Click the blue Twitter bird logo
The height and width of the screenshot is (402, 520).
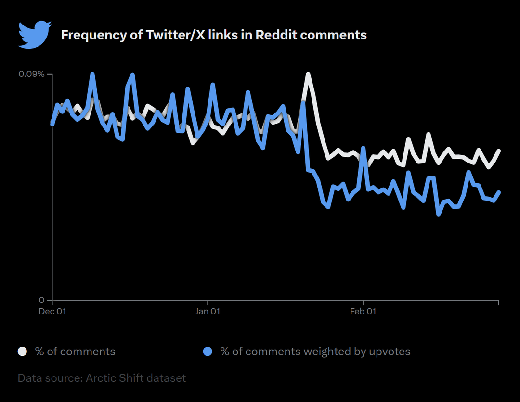[x=34, y=34]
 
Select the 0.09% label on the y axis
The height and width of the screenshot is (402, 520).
[x=31, y=74]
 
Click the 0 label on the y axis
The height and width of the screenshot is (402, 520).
[x=41, y=300]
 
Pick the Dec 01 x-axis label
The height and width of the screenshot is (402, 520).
[x=52, y=312]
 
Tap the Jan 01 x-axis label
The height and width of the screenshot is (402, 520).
[x=208, y=312]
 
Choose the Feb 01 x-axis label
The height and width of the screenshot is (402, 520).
[x=363, y=312]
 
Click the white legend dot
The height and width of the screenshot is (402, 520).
[x=23, y=352]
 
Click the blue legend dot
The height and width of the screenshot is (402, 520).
[x=208, y=352]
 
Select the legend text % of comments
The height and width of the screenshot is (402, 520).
[x=75, y=352]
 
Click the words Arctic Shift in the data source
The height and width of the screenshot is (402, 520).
[x=110, y=378]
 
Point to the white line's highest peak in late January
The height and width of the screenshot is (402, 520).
[x=308, y=74]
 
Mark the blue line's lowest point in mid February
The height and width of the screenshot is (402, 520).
[x=439, y=214]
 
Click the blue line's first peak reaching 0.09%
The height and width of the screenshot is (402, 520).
[x=92, y=74]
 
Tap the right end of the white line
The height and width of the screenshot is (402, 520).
[x=499, y=151]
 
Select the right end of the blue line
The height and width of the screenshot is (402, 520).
[x=499, y=192]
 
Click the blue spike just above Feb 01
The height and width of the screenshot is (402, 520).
[x=363, y=148]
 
